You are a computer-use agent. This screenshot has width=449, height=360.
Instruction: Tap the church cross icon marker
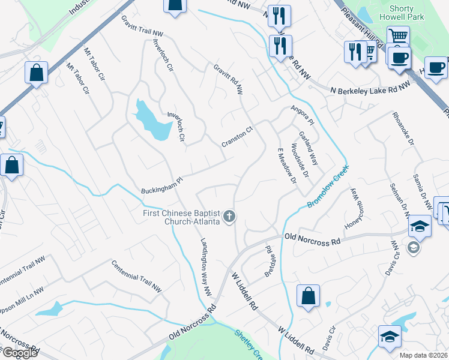(229, 217)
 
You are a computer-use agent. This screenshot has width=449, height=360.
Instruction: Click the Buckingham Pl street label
(161, 185)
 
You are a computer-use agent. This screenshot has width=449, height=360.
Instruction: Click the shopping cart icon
(397, 37)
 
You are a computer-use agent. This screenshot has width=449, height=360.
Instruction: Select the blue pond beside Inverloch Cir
(151, 120)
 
